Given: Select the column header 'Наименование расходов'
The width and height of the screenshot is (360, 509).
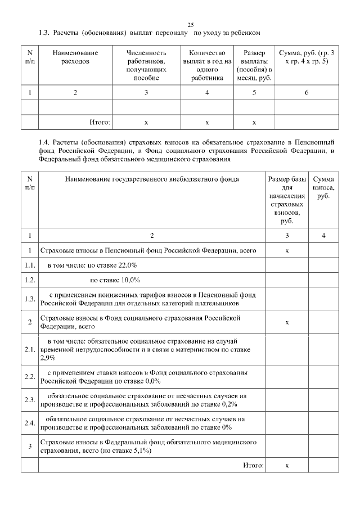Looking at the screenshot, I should pyautogui.click(x=75, y=57).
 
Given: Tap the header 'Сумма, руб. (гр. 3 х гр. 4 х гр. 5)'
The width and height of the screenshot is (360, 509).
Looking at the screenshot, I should pyautogui.click(x=307, y=57).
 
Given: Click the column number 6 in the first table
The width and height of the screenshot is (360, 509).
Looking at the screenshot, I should pyautogui.click(x=307, y=92).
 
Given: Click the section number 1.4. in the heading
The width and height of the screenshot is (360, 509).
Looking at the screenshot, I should pyautogui.click(x=46, y=142).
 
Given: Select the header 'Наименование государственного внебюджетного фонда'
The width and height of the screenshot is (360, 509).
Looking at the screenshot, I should pyautogui.click(x=152, y=179).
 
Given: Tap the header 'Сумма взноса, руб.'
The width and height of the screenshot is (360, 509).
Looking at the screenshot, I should pyautogui.click(x=323, y=188).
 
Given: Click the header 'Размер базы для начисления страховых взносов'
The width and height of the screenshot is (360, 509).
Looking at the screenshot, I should pyautogui.click(x=287, y=200).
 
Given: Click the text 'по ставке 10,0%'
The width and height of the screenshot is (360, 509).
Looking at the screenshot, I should pyautogui.click(x=115, y=280).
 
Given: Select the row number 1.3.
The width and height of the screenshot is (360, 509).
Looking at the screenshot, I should pyautogui.click(x=30, y=299).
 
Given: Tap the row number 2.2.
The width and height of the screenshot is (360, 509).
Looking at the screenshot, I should pyautogui.click(x=30, y=376).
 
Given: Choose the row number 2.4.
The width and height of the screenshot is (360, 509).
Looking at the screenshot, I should pyautogui.click(x=30, y=423).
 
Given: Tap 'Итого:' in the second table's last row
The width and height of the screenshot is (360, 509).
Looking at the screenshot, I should pyautogui.click(x=253, y=466).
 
